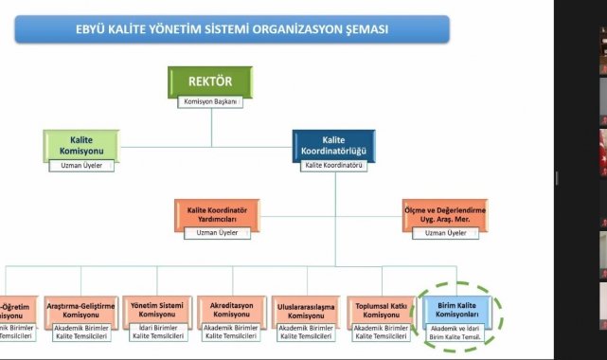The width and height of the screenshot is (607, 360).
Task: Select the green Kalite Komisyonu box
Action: click(81, 146)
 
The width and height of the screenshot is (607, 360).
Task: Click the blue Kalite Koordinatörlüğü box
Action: click(332, 146)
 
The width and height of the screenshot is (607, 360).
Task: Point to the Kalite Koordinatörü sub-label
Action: click(332, 166)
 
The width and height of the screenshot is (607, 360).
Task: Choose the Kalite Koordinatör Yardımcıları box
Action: click(217, 214)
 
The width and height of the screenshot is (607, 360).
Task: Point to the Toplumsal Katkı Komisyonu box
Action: click(383, 309)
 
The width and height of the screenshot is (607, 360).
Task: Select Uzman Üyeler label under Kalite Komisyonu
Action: click(81, 166)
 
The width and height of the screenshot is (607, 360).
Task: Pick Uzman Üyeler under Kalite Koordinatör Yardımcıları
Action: click(217, 233)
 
